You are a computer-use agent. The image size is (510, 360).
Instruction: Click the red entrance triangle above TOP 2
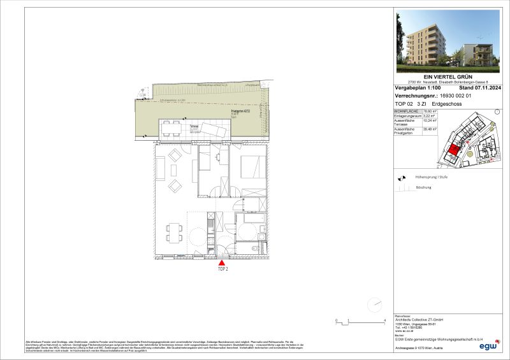point(222,262)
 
